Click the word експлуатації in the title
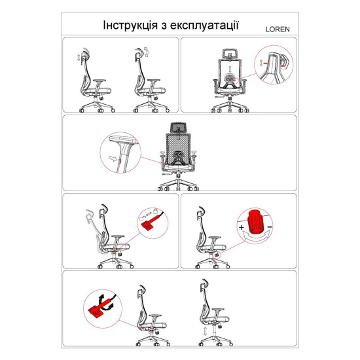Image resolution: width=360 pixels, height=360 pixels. [208, 26]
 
